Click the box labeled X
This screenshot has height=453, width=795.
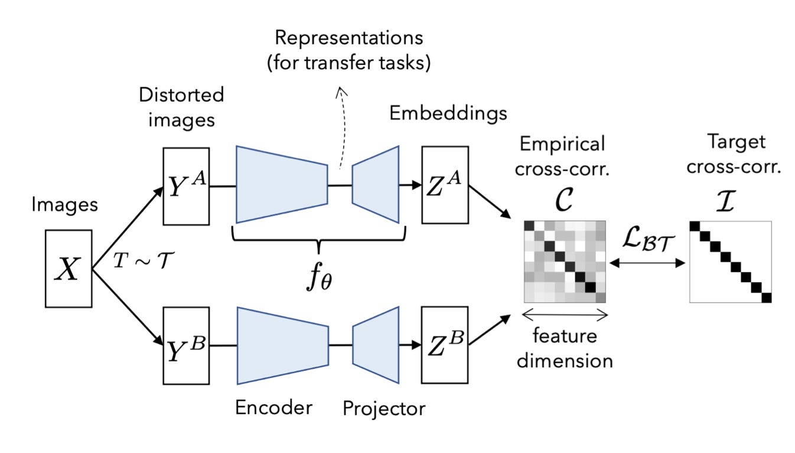(x=69, y=268)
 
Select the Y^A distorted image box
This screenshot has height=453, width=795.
(x=186, y=186)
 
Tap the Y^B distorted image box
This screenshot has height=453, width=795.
(x=186, y=346)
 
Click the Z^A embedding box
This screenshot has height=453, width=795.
(x=445, y=185)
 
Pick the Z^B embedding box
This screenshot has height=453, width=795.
(x=445, y=345)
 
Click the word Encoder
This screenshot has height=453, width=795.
(x=273, y=407)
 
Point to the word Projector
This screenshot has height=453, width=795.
(x=384, y=409)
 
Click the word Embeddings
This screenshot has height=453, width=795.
(x=448, y=114)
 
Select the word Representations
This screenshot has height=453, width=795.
(x=349, y=38)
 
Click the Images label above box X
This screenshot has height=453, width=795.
(x=64, y=205)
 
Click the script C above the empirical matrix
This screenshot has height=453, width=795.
(x=563, y=199)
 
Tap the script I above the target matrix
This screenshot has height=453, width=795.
(x=726, y=200)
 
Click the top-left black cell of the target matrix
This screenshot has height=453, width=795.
(x=695, y=226)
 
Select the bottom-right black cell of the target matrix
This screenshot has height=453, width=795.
(x=767, y=297)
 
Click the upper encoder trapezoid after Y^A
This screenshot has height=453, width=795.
(x=282, y=185)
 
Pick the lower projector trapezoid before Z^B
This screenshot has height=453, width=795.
(x=376, y=345)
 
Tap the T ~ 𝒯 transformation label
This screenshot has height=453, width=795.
(x=144, y=260)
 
